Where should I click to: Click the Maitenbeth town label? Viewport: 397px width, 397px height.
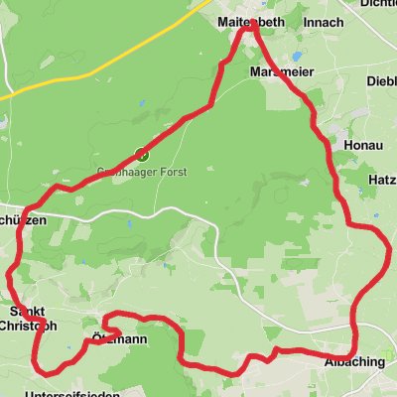(251, 21)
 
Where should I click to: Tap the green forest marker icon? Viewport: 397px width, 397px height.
(141, 155)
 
